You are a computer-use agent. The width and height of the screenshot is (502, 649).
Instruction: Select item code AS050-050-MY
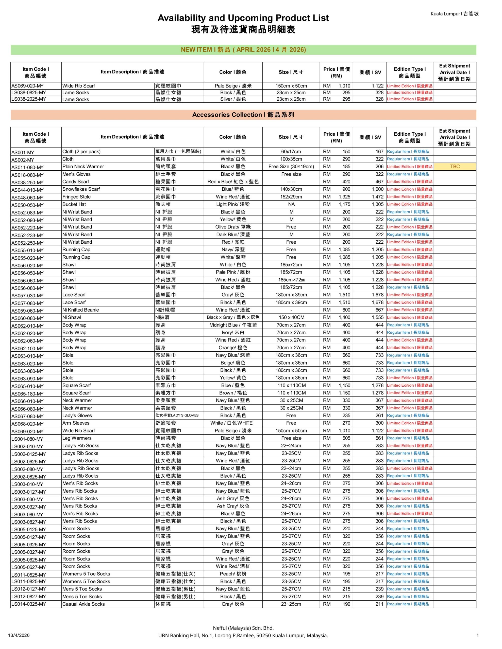pos(27,205)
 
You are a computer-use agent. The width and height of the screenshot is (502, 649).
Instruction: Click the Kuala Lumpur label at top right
pos(454,14)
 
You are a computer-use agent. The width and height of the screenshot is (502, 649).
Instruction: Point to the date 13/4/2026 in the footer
pos(19,635)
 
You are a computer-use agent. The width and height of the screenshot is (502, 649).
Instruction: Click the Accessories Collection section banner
pos(243,115)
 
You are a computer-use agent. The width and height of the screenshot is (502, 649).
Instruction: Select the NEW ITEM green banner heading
pos(243,50)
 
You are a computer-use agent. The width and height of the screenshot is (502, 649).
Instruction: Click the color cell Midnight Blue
pos(233,325)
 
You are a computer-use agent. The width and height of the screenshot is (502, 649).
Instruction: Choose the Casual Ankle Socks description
pos(83,604)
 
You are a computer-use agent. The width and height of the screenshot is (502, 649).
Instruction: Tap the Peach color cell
pos(233,574)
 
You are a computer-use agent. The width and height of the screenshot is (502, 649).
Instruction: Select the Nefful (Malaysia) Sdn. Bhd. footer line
pos(243,628)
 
